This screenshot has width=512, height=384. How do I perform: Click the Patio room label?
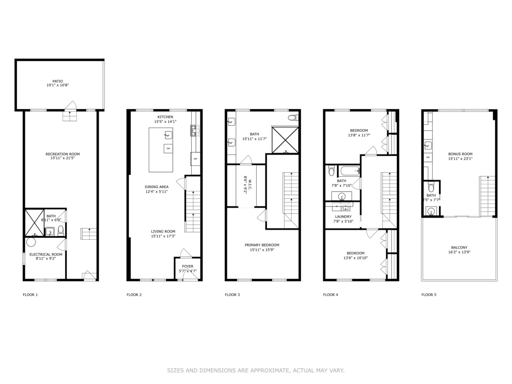coord(58,81)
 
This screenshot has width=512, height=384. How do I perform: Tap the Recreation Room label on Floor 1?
coord(63,154)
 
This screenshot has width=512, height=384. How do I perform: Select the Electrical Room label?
coord(46,254)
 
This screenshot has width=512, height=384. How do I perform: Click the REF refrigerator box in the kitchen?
coord(196,159)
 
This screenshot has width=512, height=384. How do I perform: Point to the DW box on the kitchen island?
coord(168,148)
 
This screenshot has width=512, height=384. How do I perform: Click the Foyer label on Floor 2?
coord(188,266)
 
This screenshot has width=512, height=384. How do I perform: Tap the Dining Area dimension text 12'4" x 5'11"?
coord(156,192)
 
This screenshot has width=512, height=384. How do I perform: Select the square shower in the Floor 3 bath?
coord(285,139)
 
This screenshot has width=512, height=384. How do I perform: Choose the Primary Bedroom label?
coord(262,245)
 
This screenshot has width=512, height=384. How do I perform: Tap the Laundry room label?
coord(343,217)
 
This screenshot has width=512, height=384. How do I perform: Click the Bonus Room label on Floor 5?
coord(460,154)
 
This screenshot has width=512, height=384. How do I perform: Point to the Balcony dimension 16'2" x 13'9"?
coord(459,252)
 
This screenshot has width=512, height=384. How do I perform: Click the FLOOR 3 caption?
coord(232,295)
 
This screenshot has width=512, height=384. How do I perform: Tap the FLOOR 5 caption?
coord(429,295)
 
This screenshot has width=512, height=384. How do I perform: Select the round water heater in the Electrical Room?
coord(31,242)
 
